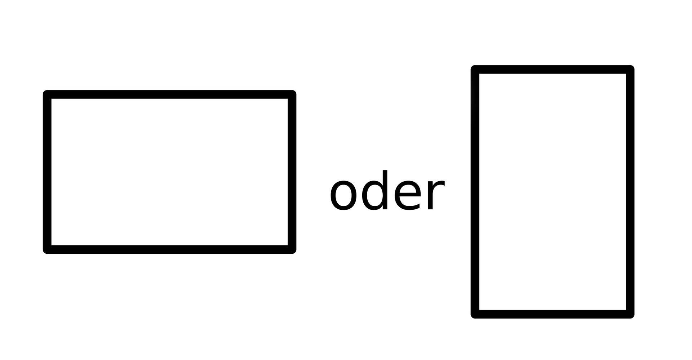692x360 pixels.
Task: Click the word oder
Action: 387,191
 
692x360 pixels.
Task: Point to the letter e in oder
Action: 407,195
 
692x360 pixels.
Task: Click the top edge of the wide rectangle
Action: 169,94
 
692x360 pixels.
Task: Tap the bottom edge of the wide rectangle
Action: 169,249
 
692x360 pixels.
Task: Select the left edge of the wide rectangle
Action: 47,172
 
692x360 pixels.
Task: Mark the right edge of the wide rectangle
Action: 292,172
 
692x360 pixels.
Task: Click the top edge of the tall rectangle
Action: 552,70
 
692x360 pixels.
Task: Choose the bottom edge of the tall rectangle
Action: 552,314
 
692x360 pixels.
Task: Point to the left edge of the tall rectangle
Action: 475,192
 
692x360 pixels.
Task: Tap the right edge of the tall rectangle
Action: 630,192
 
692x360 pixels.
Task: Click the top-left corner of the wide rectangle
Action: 47,94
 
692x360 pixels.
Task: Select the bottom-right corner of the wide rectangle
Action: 292,249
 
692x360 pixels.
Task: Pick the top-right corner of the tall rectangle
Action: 630,70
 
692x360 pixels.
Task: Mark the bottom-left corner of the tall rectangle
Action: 475,314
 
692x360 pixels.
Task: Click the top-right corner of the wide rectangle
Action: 292,94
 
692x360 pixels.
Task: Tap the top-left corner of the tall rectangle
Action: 475,70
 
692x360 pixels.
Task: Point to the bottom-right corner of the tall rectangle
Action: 630,314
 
